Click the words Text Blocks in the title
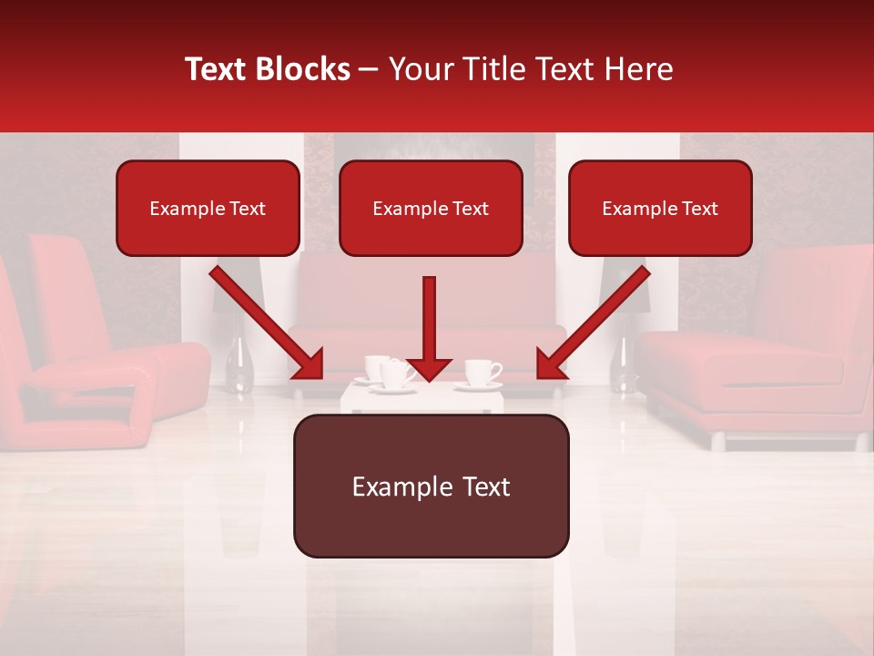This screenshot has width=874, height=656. [268, 69]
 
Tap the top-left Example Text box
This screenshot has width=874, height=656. [208, 209]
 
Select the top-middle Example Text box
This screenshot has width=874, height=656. [431, 209]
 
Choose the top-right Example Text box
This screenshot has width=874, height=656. [660, 209]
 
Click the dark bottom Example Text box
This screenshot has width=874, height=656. [431, 487]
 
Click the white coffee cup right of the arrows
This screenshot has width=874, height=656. [481, 373]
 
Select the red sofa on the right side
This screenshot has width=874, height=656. [765, 355]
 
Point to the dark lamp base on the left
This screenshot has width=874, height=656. [239, 364]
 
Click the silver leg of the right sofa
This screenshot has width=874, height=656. [718, 442]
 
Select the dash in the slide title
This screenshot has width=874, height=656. [369, 70]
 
